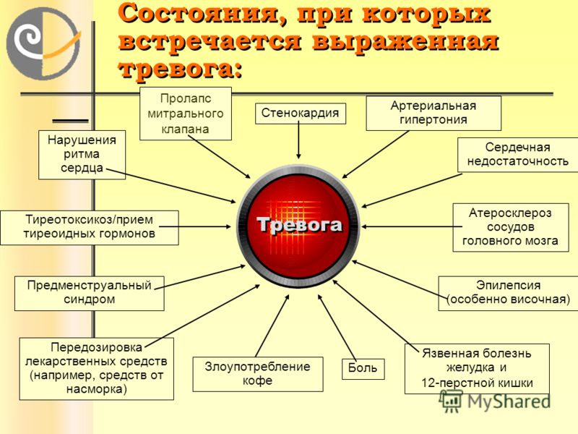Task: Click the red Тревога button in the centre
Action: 298,226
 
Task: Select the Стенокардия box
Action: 301,114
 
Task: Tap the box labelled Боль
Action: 363,369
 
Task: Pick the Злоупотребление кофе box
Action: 258,374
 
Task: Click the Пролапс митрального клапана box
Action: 186,114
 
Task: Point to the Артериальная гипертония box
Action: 433,113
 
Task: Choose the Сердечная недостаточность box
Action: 517,155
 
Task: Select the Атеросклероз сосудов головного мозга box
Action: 511,227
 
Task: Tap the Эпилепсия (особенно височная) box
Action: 508,293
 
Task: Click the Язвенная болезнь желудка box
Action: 477,369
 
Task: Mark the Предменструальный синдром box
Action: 89,294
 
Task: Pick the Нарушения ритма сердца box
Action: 82,155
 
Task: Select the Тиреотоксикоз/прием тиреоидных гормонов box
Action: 89,227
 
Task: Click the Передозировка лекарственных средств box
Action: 97,369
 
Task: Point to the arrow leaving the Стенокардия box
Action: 298,140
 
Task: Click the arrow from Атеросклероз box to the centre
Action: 412,226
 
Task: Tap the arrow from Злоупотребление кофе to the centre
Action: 272,326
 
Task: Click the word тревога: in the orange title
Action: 181,69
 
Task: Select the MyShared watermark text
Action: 509,401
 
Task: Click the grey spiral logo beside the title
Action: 43,43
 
